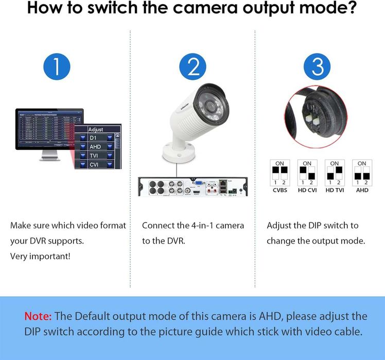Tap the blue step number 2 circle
[192, 67]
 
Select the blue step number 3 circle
[318, 67]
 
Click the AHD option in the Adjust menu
[96, 147]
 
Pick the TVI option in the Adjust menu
[96, 156]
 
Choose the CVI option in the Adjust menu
[96, 165]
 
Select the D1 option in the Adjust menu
[96, 138]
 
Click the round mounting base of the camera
[178, 151]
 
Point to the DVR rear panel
[192, 186]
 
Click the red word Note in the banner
[38, 316]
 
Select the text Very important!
[40, 256]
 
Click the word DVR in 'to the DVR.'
[175, 241]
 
